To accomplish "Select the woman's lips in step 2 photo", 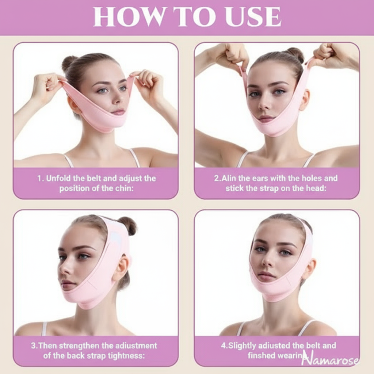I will point(266,119).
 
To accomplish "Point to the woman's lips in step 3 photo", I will point(68,284).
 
